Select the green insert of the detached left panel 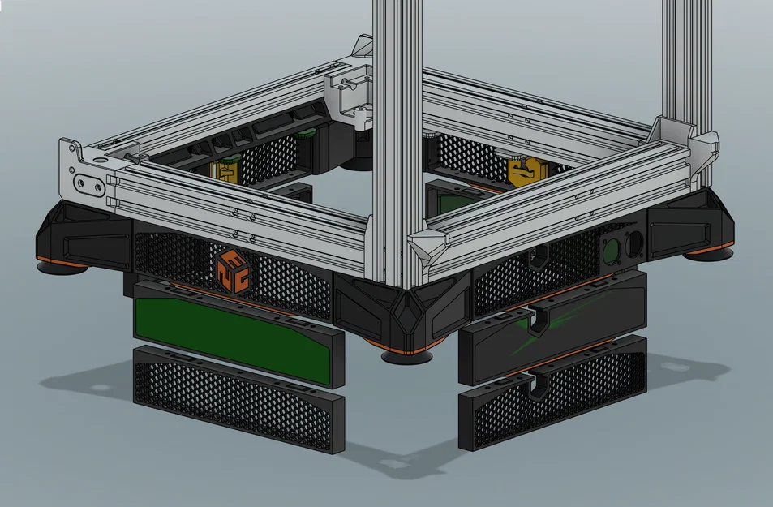231,334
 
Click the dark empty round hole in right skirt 635,241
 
